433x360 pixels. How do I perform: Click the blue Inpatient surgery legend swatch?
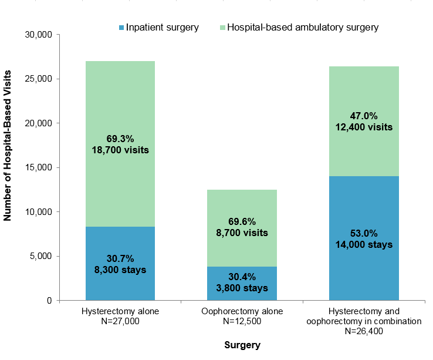click(121, 28)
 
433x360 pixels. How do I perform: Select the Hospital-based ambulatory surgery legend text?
click(302, 27)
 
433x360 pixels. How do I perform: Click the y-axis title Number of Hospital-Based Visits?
click(8, 146)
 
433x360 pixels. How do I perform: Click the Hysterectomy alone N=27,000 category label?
click(120, 315)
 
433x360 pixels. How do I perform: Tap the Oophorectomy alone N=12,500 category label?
click(242, 315)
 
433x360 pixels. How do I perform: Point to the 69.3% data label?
click(120, 139)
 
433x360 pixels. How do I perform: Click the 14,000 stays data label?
click(364, 245)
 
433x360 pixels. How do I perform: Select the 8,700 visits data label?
click(242, 233)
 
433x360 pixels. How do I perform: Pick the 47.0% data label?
click(364, 116)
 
